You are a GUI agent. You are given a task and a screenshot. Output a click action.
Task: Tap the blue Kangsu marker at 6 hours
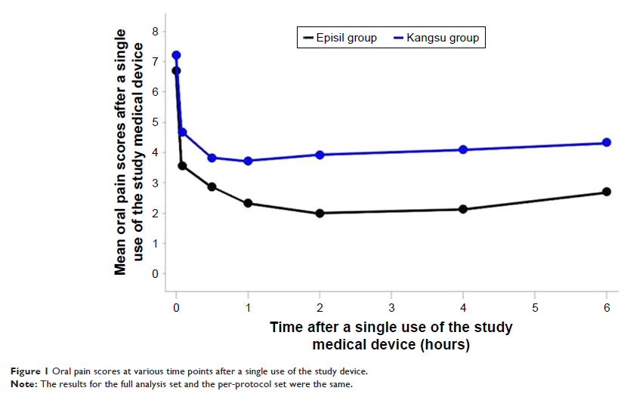coord(607,143)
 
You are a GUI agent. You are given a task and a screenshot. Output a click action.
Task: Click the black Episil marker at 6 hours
coord(607,192)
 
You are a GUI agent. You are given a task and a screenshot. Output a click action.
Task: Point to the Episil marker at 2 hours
coord(320,213)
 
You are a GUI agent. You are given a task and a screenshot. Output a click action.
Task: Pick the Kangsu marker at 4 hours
coord(463,149)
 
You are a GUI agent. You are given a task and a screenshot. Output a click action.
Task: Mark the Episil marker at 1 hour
coord(248,203)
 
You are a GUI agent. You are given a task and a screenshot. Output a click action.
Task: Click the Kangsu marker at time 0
coord(176,55)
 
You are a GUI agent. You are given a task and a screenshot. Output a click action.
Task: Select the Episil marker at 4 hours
coord(463,209)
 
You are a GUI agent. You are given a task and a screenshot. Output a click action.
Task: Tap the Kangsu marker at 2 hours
coord(320,155)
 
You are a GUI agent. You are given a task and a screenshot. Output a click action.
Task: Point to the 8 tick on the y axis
coord(155,31)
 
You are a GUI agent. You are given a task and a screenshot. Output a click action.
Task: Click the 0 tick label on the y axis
coord(155,274)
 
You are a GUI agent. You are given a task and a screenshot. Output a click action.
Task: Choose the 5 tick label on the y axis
coord(155,122)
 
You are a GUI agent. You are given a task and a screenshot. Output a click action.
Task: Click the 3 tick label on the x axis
coord(391,308)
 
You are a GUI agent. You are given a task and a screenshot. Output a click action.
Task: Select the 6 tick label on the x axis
coord(607,308)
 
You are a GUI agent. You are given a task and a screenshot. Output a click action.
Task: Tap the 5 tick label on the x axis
coord(535,308)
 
